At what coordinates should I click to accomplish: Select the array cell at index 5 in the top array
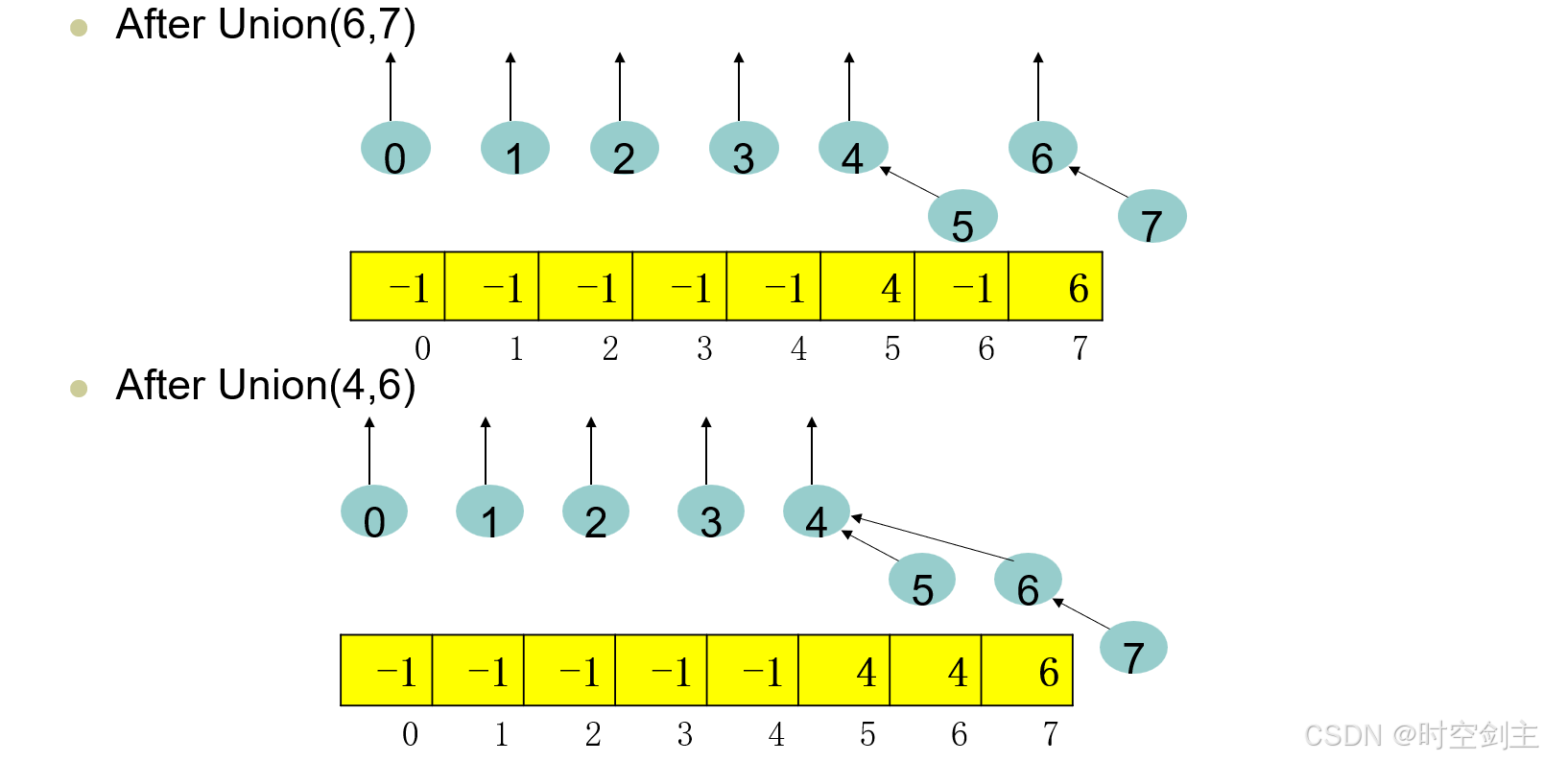[867, 286]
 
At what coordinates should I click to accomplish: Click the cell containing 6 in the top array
[1056, 286]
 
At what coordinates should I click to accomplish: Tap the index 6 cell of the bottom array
[936, 670]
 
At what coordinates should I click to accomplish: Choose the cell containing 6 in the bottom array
[1027, 670]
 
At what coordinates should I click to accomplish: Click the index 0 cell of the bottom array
[387, 670]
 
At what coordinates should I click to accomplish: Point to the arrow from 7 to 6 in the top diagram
[1099, 182]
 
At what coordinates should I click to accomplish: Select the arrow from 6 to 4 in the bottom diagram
[932, 538]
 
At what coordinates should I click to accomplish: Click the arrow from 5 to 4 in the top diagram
[910, 182]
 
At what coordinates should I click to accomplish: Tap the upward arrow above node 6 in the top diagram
[1038, 86]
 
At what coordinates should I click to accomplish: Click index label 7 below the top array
[1080, 348]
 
